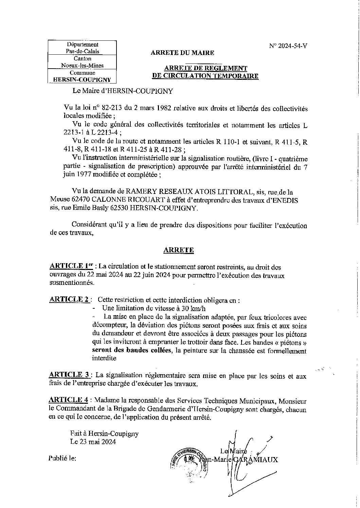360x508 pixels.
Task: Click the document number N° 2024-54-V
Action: coord(288,47)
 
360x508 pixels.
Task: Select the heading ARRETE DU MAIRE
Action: coord(182,53)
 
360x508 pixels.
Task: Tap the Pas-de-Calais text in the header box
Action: coord(83,51)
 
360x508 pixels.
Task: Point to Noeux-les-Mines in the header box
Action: coord(83,66)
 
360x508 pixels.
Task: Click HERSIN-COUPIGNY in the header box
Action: coord(83,80)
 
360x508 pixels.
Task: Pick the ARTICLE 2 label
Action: coord(69,299)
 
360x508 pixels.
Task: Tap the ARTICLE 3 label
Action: coord(69,375)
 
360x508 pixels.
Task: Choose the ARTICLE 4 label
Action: coord(69,401)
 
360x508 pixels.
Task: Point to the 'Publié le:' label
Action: coord(63,458)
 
